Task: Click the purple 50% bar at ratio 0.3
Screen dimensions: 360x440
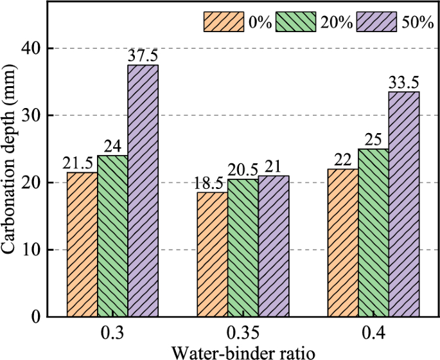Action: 143,190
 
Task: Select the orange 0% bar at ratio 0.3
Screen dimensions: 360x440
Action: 82,244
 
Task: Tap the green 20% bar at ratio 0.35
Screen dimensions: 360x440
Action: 243,248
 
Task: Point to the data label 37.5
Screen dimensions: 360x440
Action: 143,56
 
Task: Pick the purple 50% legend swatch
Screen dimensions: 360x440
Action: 378,21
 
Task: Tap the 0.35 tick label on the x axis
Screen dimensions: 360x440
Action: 243,336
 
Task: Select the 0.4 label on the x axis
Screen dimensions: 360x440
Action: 374,336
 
